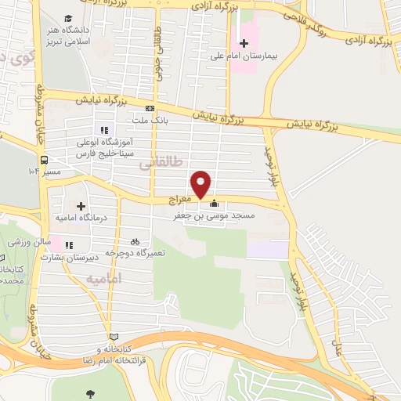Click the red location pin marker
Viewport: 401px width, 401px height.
click(202, 184)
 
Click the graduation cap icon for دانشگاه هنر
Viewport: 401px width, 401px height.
click(69, 18)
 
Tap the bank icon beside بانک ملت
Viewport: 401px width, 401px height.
click(150, 109)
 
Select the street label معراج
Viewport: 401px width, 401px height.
click(180, 201)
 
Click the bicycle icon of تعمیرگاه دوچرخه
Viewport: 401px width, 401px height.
click(135, 241)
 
